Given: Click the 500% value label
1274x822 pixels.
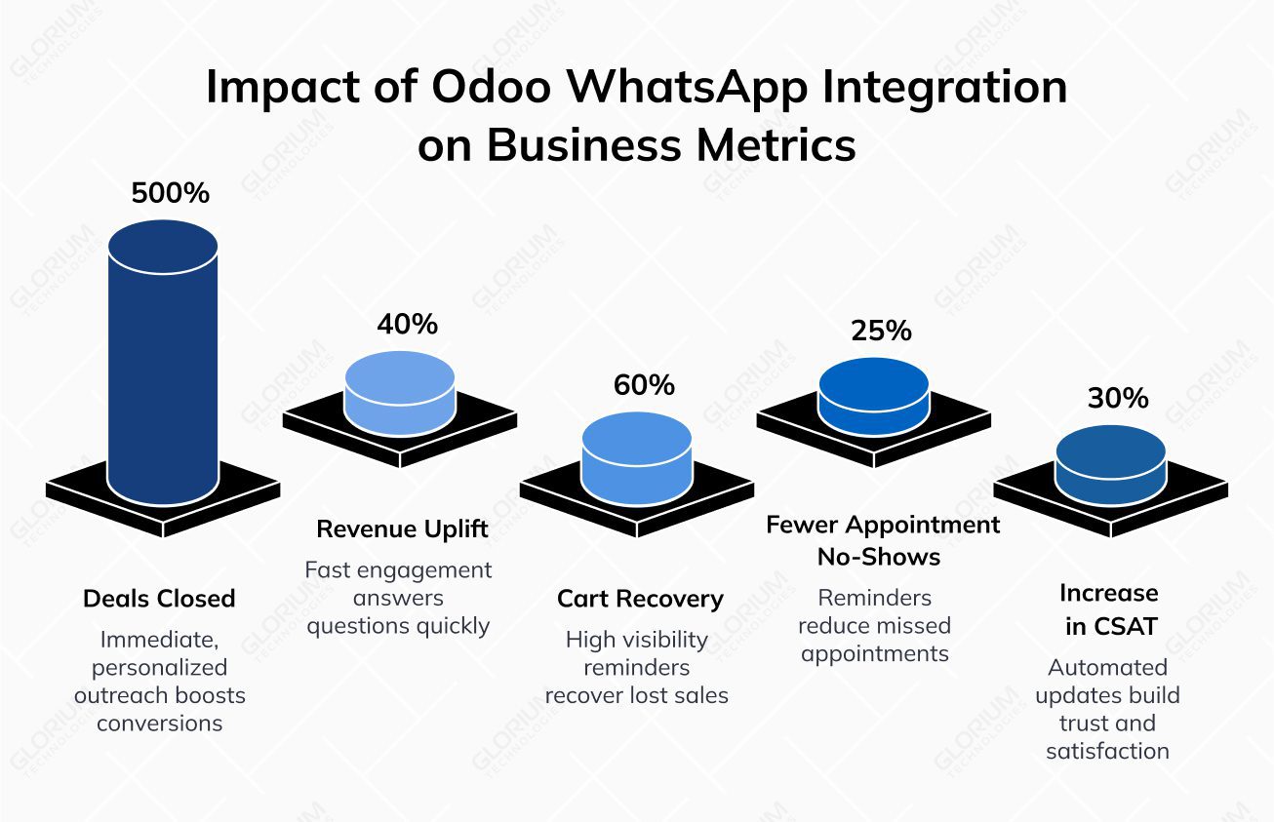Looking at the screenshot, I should pos(171,193).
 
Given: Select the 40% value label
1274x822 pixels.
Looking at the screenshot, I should pos(408,324).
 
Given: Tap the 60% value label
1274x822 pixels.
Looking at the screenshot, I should pos(644,385).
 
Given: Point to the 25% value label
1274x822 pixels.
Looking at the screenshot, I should pos(881,331).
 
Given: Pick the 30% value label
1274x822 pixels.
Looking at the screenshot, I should pos(1118,398).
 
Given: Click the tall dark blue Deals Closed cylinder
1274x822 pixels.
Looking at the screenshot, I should pos(163,361).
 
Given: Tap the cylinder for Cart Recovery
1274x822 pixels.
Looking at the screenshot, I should pos(637,453).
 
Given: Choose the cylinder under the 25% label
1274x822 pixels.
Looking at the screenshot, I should pos(874,397).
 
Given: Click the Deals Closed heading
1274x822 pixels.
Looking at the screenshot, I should pos(159,598).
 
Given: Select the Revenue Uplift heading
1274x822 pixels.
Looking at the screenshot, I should pos(402,529).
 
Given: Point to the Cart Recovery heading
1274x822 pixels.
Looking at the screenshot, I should pos(640,598).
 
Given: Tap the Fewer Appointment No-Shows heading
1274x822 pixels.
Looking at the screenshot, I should pos(883,540).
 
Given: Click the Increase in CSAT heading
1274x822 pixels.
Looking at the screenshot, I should pos(1110,609).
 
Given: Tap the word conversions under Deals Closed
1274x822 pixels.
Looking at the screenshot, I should pos(159,723).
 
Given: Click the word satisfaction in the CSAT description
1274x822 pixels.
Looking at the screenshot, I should pos(1107,751).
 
